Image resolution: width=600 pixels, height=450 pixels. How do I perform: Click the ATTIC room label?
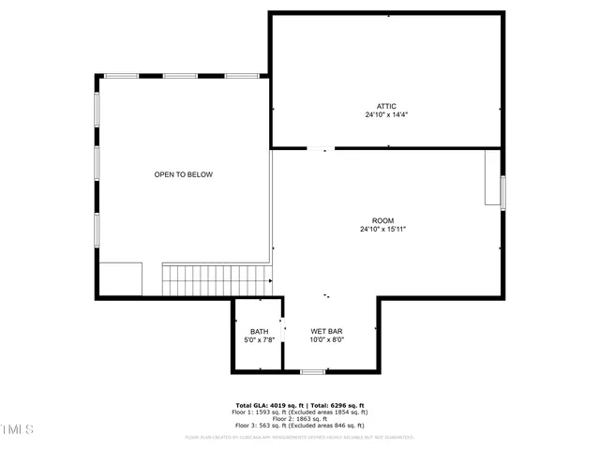point(386,106)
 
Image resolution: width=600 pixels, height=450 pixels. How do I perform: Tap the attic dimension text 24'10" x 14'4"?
point(386,115)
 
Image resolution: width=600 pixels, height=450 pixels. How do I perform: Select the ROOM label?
point(382,220)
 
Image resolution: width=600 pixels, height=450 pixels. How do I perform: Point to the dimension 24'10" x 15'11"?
point(382,230)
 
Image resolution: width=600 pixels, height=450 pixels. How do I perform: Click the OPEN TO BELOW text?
point(184,174)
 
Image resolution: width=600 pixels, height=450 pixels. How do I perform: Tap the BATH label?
point(259,332)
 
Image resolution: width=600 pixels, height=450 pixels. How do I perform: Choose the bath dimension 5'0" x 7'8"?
point(259,340)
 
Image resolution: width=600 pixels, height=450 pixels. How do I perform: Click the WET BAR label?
point(327,332)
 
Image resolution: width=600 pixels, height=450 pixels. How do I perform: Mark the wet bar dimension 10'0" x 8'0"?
point(327,340)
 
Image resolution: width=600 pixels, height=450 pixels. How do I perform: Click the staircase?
point(217,279)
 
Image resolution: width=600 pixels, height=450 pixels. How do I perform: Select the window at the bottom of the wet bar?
point(312,372)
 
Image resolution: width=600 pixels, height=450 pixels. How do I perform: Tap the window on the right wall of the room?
point(503,191)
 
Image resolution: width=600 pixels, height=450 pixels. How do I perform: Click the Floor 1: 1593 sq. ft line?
point(299,412)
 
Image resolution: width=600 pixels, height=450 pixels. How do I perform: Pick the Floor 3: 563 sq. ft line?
point(299,426)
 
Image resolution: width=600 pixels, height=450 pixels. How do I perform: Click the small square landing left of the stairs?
point(121,279)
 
